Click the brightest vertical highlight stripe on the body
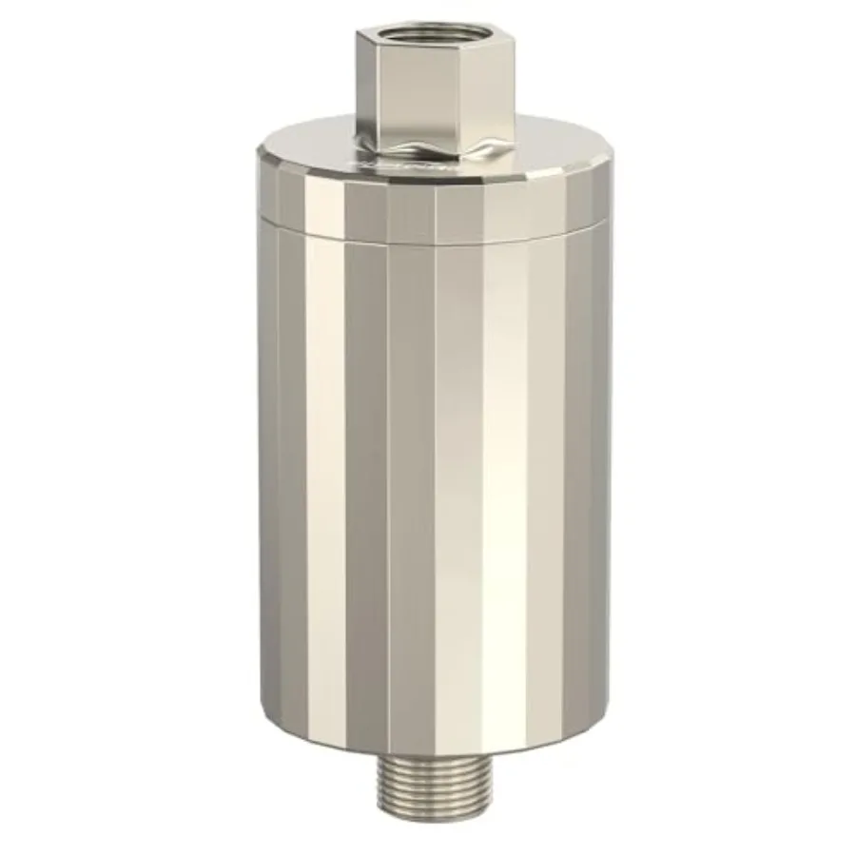coord(504,476)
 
